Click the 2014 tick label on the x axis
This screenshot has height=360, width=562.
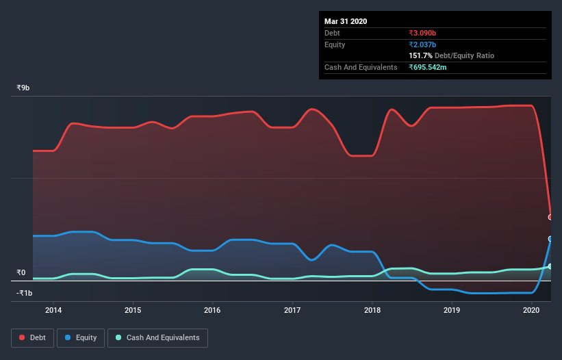pyautogui.click(x=53, y=310)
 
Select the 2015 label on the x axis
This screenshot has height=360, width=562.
pyautogui.click(x=133, y=310)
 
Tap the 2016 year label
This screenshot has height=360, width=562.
pyautogui.click(x=213, y=310)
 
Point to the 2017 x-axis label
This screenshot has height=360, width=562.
pyautogui.click(x=292, y=310)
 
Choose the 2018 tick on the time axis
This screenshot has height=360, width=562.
pyautogui.click(x=372, y=310)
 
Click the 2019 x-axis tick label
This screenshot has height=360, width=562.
pyautogui.click(x=452, y=310)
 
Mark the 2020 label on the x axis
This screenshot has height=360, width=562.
pyautogui.click(x=531, y=310)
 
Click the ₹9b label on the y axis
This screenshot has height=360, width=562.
pyautogui.click(x=23, y=88)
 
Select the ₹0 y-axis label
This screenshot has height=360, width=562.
pyautogui.click(x=21, y=272)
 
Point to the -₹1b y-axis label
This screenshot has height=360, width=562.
pyautogui.click(x=24, y=293)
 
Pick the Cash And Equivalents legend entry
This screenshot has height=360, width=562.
pyautogui.click(x=157, y=337)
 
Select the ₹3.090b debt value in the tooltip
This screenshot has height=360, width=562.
pyautogui.click(x=422, y=33)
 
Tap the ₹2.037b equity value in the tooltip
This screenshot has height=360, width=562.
pyautogui.click(x=422, y=44)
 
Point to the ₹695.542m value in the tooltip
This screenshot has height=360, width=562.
pyautogui.click(x=428, y=67)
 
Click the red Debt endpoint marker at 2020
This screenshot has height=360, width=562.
pyautogui.click(x=550, y=217)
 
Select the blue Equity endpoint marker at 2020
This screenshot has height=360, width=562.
pyautogui.click(x=550, y=239)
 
